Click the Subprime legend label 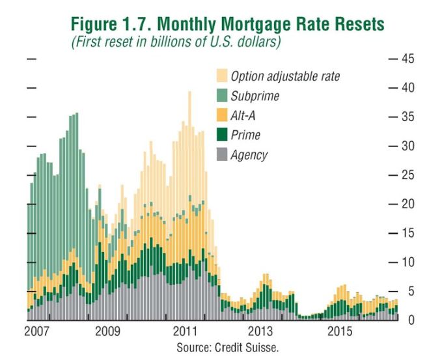pyautogui.click(x=255, y=96)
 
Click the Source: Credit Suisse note pyautogui.click(x=228, y=348)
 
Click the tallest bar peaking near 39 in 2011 pyautogui.click(x=189, y=195)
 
